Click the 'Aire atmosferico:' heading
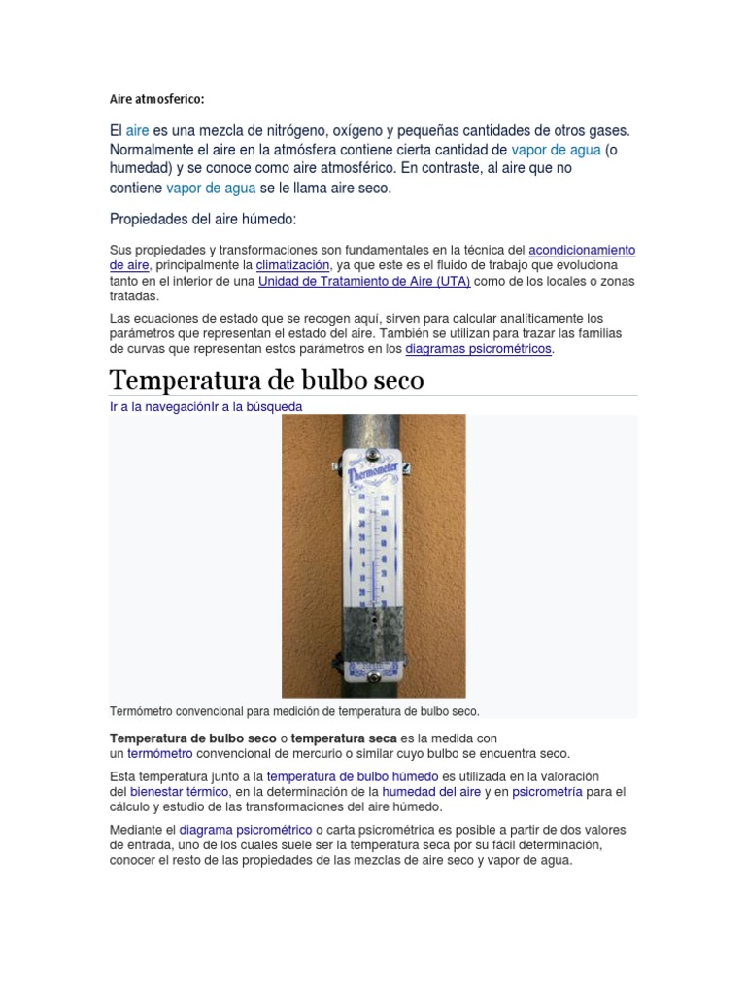point(156,99)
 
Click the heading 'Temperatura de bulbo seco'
point(266,379)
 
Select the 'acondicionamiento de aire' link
point(581,250)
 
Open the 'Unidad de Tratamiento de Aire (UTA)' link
point(364,281)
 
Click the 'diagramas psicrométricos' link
point(479,348)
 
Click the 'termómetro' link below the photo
point(160,753)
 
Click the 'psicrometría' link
point(547,792)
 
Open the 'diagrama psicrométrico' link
point(246,830)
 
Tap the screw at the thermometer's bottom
point(373,677)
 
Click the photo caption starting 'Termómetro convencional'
point(294,711)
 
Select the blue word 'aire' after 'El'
point(137,130)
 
